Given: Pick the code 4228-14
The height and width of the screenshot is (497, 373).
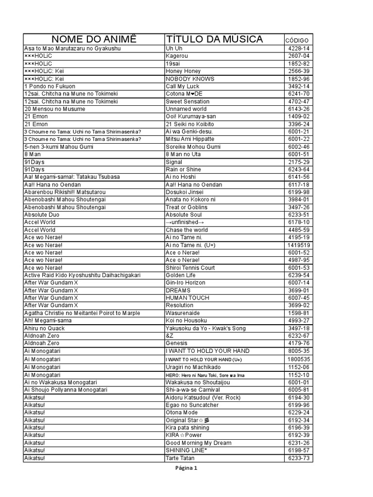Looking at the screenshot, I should [x=299, y=49].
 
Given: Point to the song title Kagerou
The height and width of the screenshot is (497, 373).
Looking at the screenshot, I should [x=176, y=56].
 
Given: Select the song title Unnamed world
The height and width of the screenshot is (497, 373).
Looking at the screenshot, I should [x=186, y=109].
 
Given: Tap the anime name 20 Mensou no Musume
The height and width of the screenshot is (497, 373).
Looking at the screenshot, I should [x=54, y=109].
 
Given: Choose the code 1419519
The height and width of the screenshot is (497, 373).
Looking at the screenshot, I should [x=299, y=245].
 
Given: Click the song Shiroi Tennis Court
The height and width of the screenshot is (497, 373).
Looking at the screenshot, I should [x=190, y=268].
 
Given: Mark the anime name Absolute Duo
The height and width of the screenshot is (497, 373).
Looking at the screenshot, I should [x=42, y=215].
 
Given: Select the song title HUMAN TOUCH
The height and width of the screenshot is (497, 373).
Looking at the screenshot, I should [x=187, y=298].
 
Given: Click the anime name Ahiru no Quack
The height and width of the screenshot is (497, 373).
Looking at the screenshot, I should [x=44, y=329].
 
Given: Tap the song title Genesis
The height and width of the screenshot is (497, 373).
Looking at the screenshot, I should [x=176, y=344].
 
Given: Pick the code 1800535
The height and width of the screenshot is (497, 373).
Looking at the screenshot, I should [x=299, y=359].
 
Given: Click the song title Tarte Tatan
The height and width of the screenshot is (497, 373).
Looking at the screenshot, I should [x=180, y=458].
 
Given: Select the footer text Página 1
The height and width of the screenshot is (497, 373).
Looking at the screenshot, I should [x=186, y=468].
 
